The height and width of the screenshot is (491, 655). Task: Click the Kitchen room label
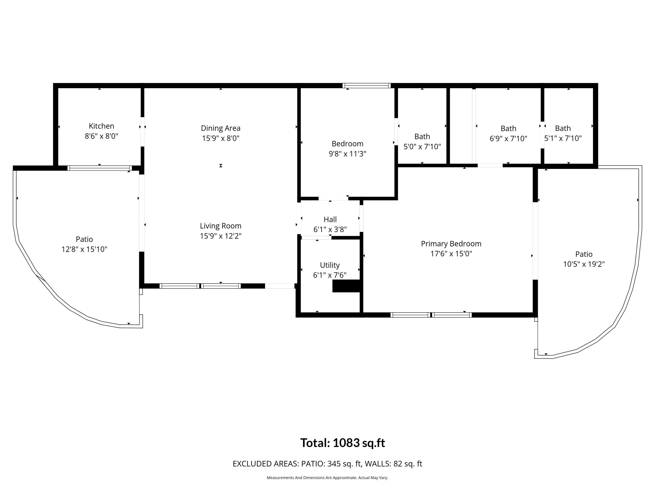click(x=101, y=126)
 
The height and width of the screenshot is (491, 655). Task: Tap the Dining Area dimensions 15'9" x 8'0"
click(x=221, y=138)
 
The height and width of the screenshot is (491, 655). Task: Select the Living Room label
click(x=221, y=226)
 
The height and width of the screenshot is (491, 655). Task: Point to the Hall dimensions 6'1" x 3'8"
click(x=330, y=229)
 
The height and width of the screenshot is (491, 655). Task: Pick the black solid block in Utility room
click(x=346, y=286)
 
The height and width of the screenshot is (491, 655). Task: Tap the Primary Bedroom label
click(x=451, y=244)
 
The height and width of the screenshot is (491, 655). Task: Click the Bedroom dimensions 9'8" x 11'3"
click(x=347, y=154)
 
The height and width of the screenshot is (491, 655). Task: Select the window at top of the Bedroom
click(x=367, y=86)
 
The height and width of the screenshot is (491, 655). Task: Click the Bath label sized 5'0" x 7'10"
click(x=422, y=136)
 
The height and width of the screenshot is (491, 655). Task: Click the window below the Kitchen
click(x=100, y=168)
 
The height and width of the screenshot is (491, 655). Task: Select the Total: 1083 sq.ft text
click(x=343, y=443)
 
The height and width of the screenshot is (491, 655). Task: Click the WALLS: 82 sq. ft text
click(x=393, y=464)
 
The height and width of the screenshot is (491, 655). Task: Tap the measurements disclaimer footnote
click(x=327, y=478)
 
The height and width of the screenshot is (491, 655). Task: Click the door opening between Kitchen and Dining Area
click(x=142, y=132)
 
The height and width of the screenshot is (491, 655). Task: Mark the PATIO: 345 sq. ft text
click(x=331, y=464)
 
